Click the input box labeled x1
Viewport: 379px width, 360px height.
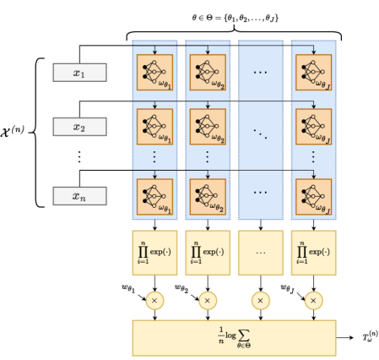[x=79, y=73]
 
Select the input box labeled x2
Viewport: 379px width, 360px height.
[x=79, y=127]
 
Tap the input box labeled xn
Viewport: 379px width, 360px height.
[x=79, y=196]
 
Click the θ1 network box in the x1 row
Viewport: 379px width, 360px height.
[x=154, y=73]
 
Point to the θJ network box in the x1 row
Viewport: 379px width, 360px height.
[x=313, y=73]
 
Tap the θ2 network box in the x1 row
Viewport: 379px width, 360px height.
[x=207, y=73]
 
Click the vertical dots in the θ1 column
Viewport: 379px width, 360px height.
[x=154, y=157]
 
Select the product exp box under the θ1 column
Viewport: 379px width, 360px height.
[x=154, y=252]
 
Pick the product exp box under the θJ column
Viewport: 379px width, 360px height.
[x=313, y=252]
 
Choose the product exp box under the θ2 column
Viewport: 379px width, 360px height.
[x=207, y=252]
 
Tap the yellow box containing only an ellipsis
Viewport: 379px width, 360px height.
[x=260, y=252]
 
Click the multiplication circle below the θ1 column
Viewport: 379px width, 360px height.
[x=154, y=300]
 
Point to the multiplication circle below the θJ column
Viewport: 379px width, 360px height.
[x=313, y=300]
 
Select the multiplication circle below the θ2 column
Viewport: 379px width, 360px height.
[x=207, y=300]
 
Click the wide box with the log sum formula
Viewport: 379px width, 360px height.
[x=234, y=337]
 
